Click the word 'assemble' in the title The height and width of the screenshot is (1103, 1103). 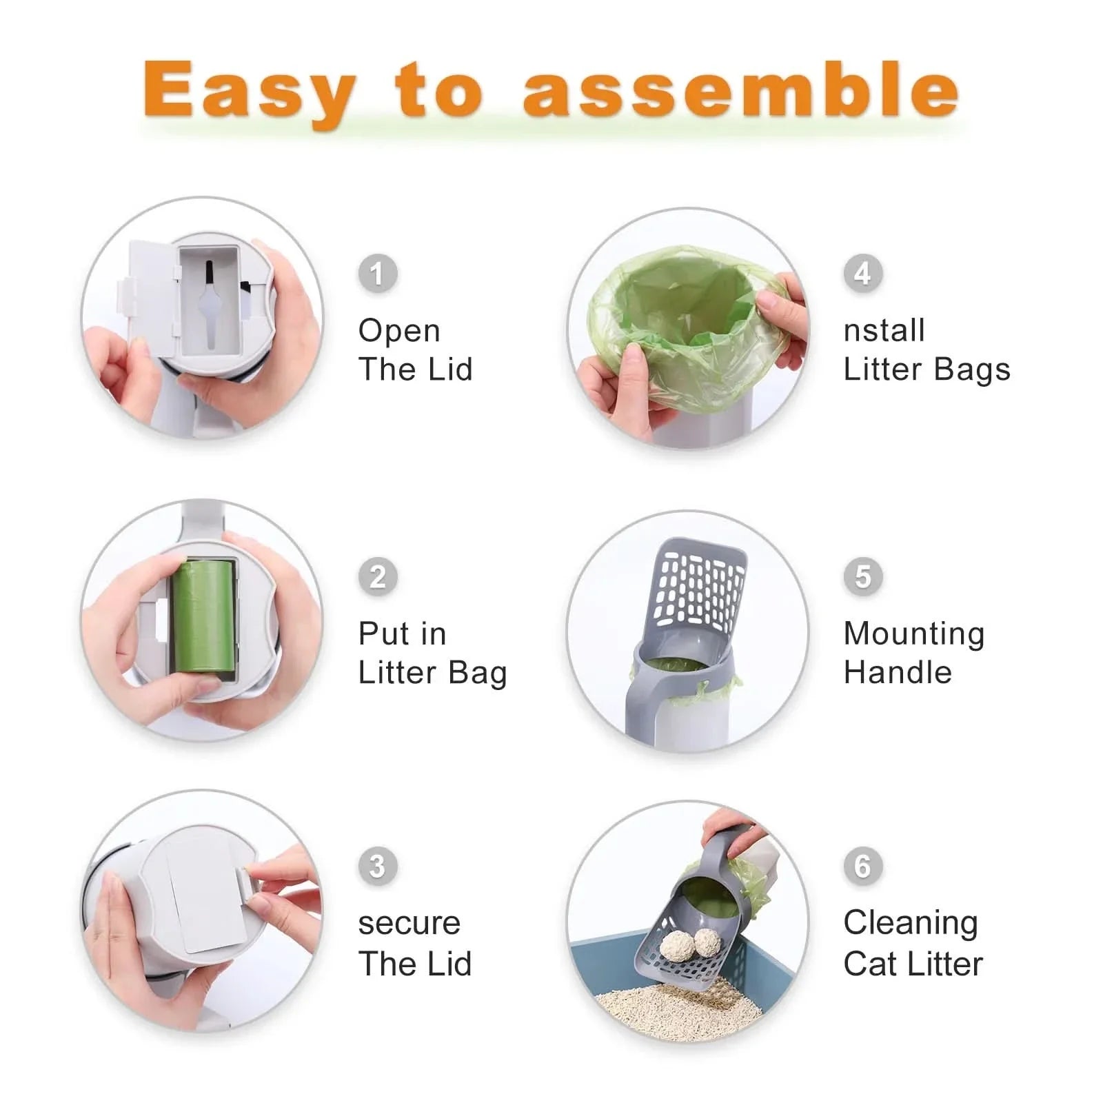pyautogui.click(x=740, y=90)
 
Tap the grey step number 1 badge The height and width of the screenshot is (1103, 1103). pyautogui.click(x=377, y=274)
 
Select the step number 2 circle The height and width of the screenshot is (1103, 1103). pyautogui.click(x=378, y=576)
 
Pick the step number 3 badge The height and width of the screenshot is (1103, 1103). pyautogui.click(x=377, y=866)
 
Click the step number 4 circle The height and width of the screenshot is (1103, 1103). pyautogui.click(x=862, y=274)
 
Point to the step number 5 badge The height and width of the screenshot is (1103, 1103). pyautogui.click(x=863, y=576)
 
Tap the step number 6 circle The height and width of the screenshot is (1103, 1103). pyautogui.click(x=862, y=866)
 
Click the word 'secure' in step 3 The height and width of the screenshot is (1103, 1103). pyautogui.click(x=409, y=924)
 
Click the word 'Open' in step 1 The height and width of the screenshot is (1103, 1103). pyautogui.click(x=398, y=331)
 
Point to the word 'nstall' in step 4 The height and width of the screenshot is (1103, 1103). pyautogui.click(x=884, y=331)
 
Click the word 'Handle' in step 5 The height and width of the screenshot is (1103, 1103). pyautogui.click(x=897, y=672)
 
